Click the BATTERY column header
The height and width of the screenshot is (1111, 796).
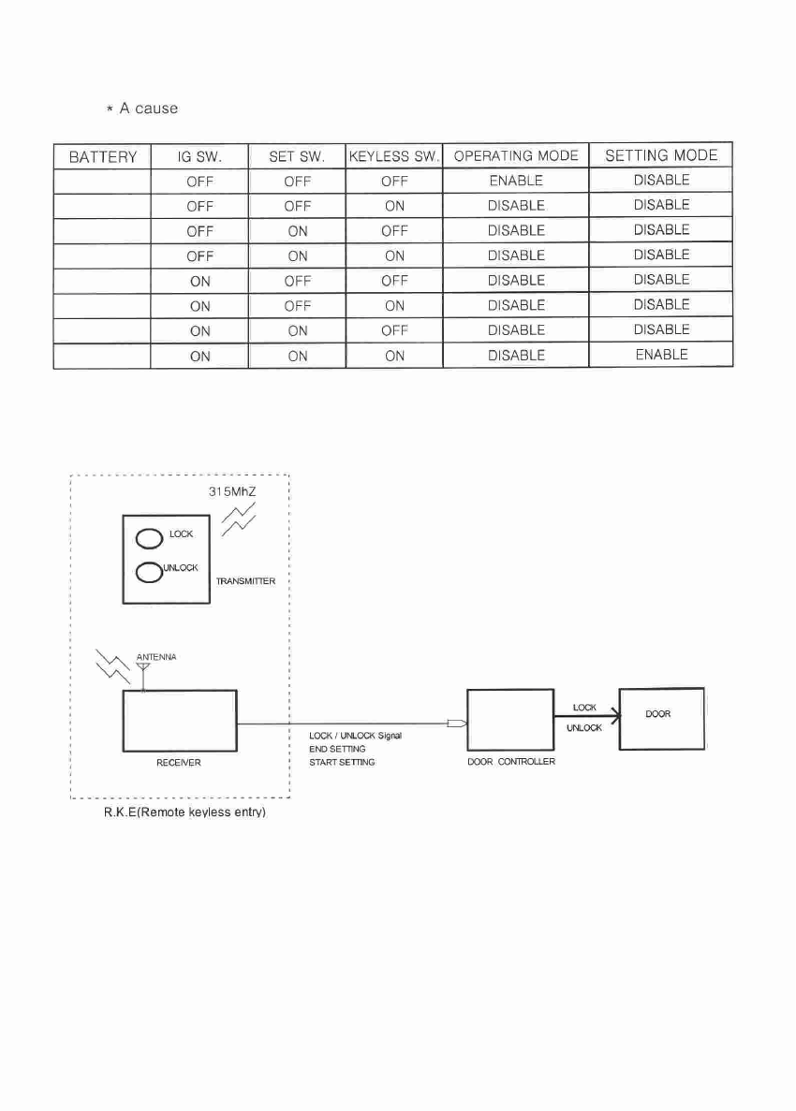coord(102,156)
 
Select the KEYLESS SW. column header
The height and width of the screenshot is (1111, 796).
coord(393,156)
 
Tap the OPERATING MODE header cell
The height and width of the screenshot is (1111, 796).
coord(516,155)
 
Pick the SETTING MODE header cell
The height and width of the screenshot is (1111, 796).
coord(661,155)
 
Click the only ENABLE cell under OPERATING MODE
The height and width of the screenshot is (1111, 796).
coord(516,181)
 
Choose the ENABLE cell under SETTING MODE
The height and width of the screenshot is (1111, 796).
coord(661,355)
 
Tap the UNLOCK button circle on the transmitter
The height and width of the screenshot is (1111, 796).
coord(150,572)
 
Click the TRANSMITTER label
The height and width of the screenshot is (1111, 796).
coord(245,581)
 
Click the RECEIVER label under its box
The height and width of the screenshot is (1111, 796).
coord(178,763)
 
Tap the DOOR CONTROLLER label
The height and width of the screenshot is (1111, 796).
coord(511,762)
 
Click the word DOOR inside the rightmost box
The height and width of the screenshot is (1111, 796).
coord(658,713)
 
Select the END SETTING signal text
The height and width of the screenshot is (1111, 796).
coord(337,749)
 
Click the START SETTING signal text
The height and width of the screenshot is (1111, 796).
coord(342,762)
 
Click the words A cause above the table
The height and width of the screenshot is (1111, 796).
coord(148,109)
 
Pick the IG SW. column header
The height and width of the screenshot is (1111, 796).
coord(199,156)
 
